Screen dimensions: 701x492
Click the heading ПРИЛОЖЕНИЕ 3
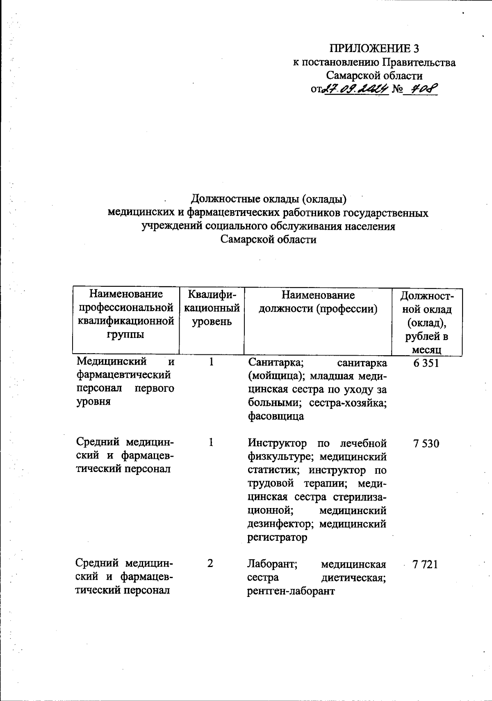pyautogui.click(x=374, y=49)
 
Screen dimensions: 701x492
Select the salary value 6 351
pyautogui.click(x=426, y=363)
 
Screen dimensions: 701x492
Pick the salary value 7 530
pyautogui.click(x=426, y=443)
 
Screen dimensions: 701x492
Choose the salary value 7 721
pyautogui.click(x=426, y=565)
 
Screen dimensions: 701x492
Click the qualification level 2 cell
pyautogui.click(x=210, y=564)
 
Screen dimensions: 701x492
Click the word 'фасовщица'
pyautogui.click(x=276, y=416)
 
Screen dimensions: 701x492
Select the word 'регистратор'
pyautogui.click(x=277, y=537)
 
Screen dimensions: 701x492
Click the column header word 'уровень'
pyautogui.click(x=212, y=322)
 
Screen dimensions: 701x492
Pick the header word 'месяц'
pyautogui.click(x=427, y=349)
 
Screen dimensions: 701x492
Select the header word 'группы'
pyautogui.click(x=125, y=334)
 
